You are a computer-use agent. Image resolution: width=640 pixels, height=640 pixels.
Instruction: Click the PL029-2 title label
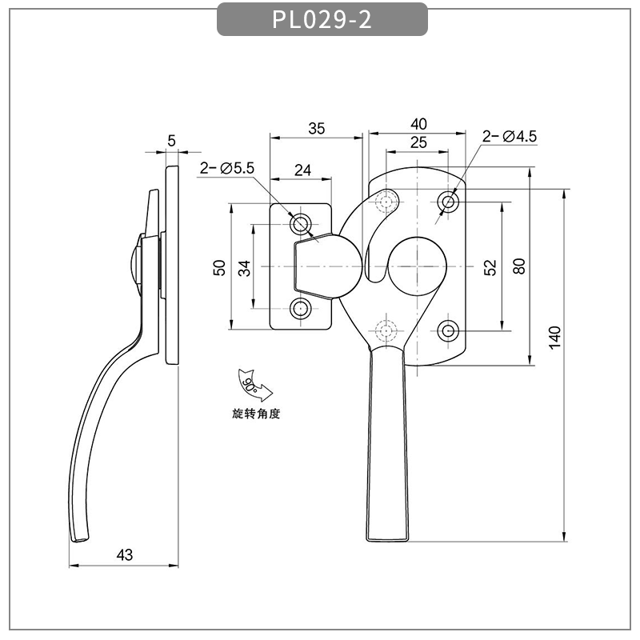pos(322,20)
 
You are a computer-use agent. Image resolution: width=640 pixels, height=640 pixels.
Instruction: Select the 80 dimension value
pos(519,266)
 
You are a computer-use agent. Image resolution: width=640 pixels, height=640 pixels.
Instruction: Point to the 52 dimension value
pos(490,266)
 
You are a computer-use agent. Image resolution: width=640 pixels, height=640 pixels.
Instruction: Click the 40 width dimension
pos(418,124)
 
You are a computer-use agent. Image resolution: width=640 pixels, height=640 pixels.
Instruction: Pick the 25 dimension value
pos(418,142)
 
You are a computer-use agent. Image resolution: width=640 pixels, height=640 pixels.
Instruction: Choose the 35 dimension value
pos(317,128)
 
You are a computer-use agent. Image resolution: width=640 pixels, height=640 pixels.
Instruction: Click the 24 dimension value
pos(302,170)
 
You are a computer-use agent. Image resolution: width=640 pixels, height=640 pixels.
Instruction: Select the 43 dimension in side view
pos(125,554)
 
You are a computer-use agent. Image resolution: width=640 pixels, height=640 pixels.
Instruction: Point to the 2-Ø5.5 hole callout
pos(226,168)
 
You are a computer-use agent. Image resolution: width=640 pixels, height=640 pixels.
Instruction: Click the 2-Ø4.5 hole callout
pos(510,137)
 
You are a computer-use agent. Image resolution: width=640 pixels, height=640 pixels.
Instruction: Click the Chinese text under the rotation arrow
pos(253,414)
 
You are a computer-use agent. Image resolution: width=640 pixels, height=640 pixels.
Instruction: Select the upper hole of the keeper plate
pos(302,222)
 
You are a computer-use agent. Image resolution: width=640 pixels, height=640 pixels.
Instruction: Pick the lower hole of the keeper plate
pos(302,309)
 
